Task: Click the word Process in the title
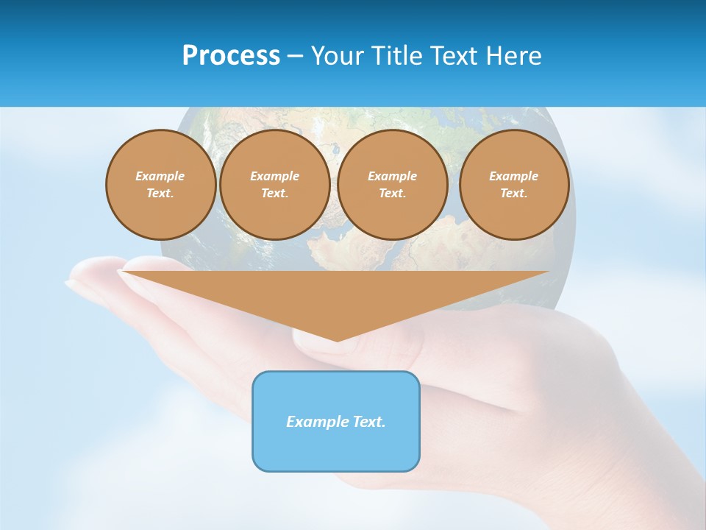(231, 56)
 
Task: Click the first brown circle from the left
(161, 185)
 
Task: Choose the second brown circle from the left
(275, 185)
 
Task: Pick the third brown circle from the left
(393, 185)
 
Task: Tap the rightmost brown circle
(514, 185)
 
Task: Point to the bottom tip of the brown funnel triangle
(337, 340)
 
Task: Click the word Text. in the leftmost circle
(160, 194)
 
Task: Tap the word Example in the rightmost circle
(514, 176)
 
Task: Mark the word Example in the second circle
(275, 176)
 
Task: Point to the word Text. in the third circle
(393, 194)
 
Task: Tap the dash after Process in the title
(295, 56)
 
